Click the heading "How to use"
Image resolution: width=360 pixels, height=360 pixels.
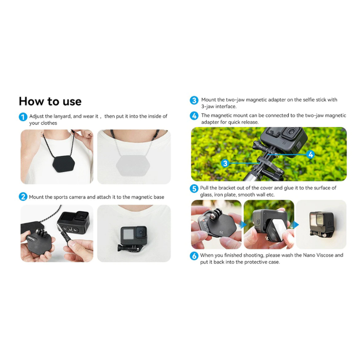point(50,101)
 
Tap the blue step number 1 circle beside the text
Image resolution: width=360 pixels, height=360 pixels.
point(23,117)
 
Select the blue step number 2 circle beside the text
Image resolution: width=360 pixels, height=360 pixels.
point(23,197)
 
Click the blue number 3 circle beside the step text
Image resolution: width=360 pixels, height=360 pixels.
point(194,100)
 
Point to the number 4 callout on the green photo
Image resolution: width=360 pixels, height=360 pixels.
point(310,154)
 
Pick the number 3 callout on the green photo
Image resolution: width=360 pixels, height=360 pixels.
point(225,163)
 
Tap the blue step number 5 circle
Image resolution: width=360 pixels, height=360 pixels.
point(194,189)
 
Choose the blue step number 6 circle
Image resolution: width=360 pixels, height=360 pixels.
point(194,256)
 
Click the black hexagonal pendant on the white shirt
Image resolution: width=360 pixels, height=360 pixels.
point(63,164)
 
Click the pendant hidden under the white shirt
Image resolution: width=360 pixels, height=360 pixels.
point(133,166)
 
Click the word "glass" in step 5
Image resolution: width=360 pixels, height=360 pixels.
point(206,195)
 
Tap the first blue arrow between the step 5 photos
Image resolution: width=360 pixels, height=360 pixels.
point(243,225)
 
